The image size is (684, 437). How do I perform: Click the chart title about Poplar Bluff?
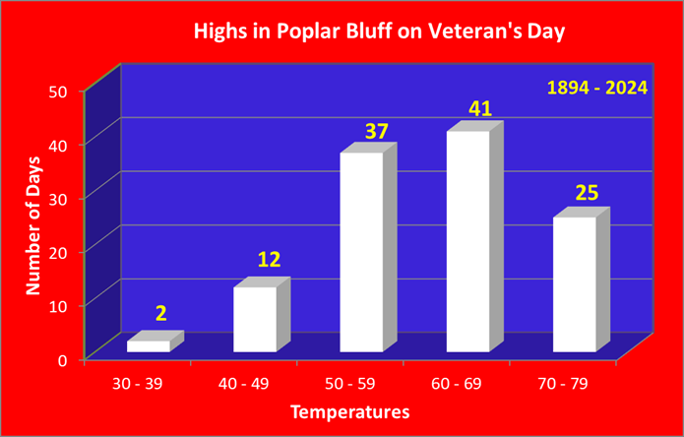pos(379,32)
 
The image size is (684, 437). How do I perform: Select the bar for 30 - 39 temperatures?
pos(155,342)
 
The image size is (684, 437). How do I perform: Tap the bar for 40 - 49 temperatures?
pos(262,314)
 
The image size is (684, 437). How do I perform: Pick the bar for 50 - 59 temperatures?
pos(369,247)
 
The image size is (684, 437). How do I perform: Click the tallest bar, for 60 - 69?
pos(475,236)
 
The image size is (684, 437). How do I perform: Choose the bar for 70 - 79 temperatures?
pos(582,280)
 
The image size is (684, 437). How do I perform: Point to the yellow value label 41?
pos(480,109)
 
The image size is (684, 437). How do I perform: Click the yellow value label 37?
pos(376,131)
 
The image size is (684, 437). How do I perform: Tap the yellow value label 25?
pos(587,193)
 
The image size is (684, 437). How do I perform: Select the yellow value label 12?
pos(269,261)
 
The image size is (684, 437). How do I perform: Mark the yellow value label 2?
pos(161,314)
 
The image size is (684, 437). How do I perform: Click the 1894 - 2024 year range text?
pos(597,89)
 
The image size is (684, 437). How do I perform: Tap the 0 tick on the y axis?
pos(74,360)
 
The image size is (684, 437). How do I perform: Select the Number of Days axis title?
pos(32,225)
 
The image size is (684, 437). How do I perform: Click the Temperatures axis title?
pos(350,411)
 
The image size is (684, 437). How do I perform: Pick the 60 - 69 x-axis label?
pos(457,384)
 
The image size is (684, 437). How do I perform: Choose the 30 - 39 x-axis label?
pos(138,384)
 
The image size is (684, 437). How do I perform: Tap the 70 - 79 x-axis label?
pos(563,384)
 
